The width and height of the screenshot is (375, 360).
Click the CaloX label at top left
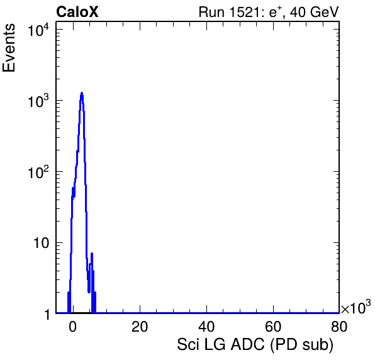(77, 12)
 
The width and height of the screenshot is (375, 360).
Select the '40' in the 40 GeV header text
(298, 12)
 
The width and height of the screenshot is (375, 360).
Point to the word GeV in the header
(324, 12)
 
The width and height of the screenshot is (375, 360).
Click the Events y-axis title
(9, 48)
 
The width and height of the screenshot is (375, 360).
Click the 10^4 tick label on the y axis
(39, 30)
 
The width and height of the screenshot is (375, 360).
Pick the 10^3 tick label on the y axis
(39, 101)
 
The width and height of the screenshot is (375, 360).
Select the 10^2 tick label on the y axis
(39, 172)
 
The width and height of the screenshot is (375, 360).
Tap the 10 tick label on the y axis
(42, 244)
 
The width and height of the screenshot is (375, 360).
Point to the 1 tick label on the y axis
(47, 314)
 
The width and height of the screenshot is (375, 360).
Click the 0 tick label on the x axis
(73, 326)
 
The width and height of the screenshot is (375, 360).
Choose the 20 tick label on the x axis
(140, 326)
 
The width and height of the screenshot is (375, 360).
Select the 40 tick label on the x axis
(206, 326)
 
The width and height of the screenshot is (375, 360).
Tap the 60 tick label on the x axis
(273, 326)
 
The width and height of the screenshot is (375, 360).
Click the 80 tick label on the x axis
(339, 326)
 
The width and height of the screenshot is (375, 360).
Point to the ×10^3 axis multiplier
(356, 307)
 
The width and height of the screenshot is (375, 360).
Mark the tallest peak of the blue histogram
(82, 93)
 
